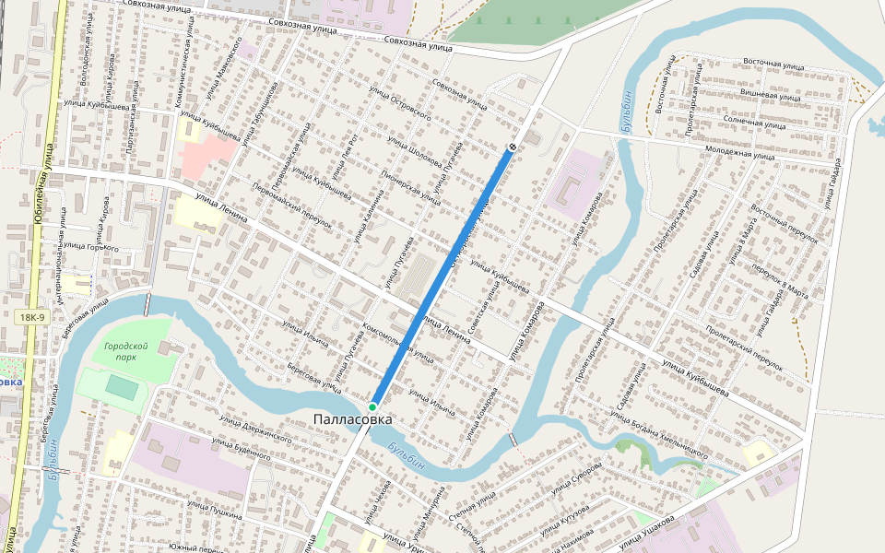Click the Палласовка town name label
pos(353,420)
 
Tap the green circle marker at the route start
pos(372,406)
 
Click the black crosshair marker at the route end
pos(513,147)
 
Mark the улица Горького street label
pos(91,247)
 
